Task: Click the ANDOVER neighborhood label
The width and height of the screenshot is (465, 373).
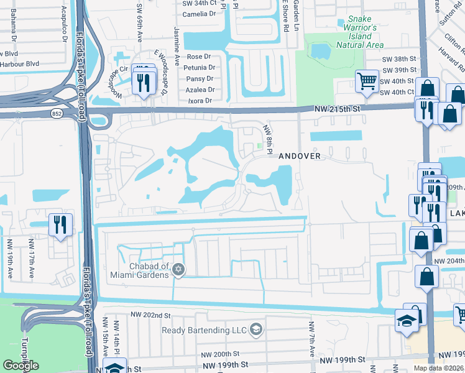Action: point(299,156)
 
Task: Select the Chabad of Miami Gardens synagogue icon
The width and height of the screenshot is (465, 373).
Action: point(179,269)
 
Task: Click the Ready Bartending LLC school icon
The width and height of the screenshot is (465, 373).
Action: point(255,329)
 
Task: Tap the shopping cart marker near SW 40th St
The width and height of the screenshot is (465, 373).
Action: point(367,81)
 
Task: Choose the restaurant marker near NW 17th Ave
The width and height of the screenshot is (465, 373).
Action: point(60,224)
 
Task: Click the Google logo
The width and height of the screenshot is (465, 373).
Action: point(21,365)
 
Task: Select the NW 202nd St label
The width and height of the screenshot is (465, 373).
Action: point(150,316)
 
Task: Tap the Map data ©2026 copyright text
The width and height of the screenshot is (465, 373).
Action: point(439,369)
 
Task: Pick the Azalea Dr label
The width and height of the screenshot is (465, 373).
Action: point(200,90)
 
